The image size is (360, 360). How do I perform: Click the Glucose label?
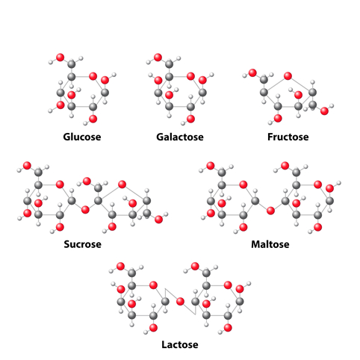[82, 137]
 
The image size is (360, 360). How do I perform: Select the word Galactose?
[180, 137]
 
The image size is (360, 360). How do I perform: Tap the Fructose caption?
[288, 137]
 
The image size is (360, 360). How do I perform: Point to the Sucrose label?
[82, 244]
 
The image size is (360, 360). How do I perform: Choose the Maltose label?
[270, 244]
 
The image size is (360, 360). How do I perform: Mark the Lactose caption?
[180, 344]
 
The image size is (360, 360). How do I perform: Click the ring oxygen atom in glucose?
[93, 76]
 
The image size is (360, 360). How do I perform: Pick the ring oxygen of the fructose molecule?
[288, 75]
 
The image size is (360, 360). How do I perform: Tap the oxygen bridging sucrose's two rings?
[85, 210]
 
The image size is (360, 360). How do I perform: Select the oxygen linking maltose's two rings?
[270, 211]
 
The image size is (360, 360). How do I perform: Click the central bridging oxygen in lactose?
[180, 302]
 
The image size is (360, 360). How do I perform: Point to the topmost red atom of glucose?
[60, 58]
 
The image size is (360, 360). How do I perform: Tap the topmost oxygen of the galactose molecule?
[158, 58]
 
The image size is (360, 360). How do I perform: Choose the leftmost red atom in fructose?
[252, 73]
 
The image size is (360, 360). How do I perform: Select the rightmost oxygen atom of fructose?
[324, 111]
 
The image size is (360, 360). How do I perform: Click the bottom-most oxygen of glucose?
[93, 119]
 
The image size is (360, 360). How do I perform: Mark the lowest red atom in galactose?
[190, 119]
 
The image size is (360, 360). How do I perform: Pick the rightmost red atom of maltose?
[329, 188]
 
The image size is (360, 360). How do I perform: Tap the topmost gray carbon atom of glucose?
[72, 64]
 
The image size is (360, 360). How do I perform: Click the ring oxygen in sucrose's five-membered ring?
[122, 184]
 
